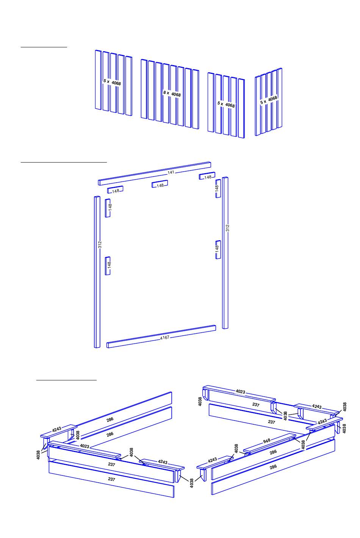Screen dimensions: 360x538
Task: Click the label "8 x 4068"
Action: [x=172, y=94]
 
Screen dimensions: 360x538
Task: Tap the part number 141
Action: [x=171, y=172]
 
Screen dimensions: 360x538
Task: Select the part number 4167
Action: [x=165, y=338]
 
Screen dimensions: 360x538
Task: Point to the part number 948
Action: [x=266, y=441]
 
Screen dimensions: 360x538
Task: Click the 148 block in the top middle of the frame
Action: [x=160, y=184]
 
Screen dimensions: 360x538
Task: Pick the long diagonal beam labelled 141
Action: [x=155, y=174]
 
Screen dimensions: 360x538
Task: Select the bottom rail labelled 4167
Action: [x=161, y=336]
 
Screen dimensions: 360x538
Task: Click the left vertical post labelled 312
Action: [x=97, y=272]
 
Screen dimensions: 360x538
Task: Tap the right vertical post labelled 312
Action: [x=225, y=253]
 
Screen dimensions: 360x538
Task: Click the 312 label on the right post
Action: [x=227, y=228]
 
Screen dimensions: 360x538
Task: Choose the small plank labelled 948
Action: [x=269, y=443]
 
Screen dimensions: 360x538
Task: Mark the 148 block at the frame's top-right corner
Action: [x=207, y=176]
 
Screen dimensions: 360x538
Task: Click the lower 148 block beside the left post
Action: [x=108, y=266]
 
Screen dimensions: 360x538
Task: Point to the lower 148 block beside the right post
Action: [x=218, y=250]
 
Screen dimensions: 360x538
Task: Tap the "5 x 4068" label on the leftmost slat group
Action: [x=112, y=82]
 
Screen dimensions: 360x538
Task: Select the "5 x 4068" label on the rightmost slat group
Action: [x=269, y=100]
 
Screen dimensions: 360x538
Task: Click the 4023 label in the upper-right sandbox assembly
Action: [x=240, y=391]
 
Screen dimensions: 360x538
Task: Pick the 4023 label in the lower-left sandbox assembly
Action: [x=85, y=446]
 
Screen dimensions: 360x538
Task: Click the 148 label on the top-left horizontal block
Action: [x=116, y=191]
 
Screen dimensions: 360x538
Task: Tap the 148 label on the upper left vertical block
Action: [x=110, y=207]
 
